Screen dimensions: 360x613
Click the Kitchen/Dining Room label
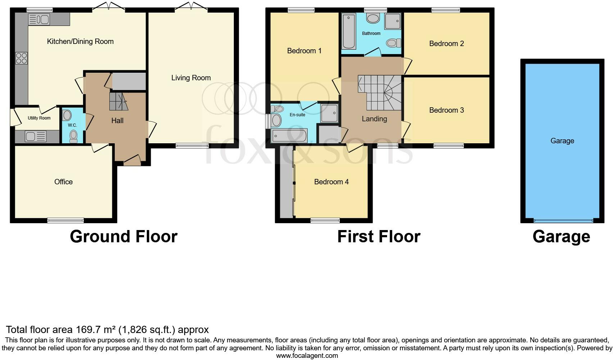click(80, 41)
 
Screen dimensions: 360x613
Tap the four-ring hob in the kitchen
click(21, 58)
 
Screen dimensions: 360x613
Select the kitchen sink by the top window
click(38, 19)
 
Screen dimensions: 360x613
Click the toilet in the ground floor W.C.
click(73, 136)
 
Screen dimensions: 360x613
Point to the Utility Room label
click(39, 118)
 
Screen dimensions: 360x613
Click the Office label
click(63, 182)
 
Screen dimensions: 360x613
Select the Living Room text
click(191, 78)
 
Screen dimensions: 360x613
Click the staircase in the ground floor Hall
click(118, 101)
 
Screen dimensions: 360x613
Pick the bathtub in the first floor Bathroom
click(349, 31)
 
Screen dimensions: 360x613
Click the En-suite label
click(298, 115)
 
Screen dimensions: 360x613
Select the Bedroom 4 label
click(331, 182)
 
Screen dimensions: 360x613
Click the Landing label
click(374, 119)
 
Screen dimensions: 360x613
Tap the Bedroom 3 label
click(446, 110)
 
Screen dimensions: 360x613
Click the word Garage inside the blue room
click(562, 141)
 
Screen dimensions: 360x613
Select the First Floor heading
click(378, 237)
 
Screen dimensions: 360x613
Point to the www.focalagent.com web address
click(307, 356)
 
